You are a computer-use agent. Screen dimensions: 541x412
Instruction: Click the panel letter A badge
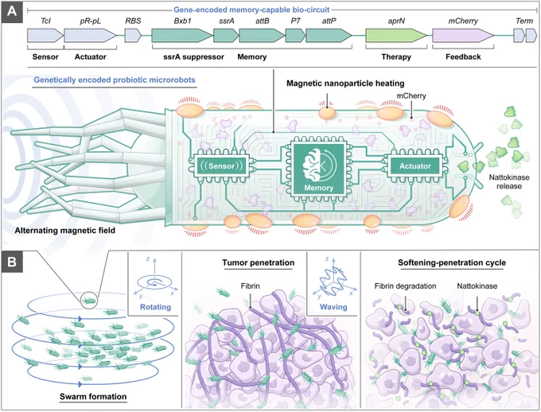12,12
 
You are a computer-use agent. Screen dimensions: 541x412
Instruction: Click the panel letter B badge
12,262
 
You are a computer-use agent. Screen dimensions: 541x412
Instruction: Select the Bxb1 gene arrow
182,36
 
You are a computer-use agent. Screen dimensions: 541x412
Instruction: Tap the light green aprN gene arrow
396,36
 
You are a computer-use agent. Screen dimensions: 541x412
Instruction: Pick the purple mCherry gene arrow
463,36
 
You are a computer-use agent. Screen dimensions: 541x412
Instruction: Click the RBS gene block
133,36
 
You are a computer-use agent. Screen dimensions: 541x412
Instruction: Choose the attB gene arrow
262,36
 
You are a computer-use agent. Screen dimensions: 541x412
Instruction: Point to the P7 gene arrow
295,36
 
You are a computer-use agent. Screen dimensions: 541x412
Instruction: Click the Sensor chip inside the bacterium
221,166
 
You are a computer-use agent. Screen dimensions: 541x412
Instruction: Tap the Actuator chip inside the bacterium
415,166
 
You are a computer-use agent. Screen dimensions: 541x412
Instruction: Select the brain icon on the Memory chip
313,165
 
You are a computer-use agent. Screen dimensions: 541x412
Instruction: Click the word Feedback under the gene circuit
463,57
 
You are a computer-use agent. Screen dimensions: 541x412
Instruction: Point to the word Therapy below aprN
396,57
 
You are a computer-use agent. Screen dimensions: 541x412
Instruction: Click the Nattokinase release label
509,182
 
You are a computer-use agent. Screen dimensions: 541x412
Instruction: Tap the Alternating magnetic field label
65,230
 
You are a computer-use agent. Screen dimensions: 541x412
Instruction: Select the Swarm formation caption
93,396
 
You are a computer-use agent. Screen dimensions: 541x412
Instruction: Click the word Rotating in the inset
155,307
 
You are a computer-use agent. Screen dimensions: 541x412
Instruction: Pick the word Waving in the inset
333,307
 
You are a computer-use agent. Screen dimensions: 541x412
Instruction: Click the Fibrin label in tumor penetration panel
251,286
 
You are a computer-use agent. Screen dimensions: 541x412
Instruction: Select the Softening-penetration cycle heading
452,262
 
